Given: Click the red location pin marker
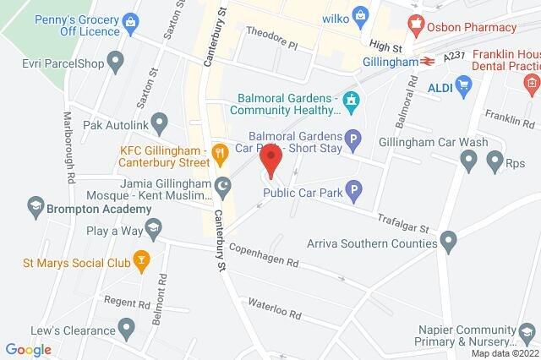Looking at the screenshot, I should [270, 167].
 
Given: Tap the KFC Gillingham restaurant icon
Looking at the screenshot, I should [220, 153].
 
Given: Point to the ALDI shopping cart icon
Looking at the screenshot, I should [462, 84].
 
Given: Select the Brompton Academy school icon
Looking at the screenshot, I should [36, 205].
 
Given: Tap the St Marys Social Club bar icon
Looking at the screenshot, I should [141, 262].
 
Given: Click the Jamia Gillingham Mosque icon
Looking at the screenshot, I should [223, 186].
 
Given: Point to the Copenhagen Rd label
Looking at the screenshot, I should [265, 255].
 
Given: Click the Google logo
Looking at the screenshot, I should [28, 349].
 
